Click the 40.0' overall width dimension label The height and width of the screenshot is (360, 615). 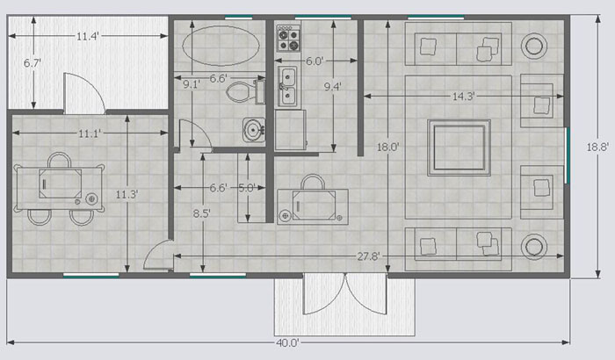[287, 342]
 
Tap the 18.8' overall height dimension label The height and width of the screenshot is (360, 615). [597, 147]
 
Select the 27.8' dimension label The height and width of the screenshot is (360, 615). [368, 256]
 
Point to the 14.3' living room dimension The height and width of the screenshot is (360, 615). [464, 97]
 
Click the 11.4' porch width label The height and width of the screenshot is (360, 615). [88, 37]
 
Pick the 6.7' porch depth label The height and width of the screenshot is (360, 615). [33, 62]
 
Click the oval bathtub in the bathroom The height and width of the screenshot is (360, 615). [221, 46]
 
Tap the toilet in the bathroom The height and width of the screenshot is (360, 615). [245, 91]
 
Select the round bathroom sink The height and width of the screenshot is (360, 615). [253, 129]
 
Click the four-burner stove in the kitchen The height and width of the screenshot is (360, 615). [289, 39]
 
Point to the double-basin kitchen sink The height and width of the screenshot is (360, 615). [287, 87]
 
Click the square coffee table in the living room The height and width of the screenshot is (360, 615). [459, 148]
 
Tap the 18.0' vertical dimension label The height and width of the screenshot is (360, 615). [388, 148]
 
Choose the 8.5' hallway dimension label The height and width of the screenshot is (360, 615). [201, 213]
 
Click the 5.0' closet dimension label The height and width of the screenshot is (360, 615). [247, 188]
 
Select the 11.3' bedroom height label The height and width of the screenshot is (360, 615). [127, 195]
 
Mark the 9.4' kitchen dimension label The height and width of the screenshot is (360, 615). [333, 87]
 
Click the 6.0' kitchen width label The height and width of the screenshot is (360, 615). [315, 61]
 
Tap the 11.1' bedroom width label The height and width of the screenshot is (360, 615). [90, 133]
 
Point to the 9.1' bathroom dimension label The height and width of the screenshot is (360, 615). [192, 84]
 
